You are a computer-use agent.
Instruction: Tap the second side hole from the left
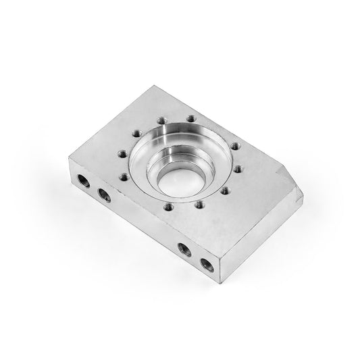pyautogui.click(x=105, y=195)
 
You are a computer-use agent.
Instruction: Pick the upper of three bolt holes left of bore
pyautogui.click(x=136, y=134)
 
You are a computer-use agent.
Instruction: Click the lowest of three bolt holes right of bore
pyautogui.click(x=226, y=191)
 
